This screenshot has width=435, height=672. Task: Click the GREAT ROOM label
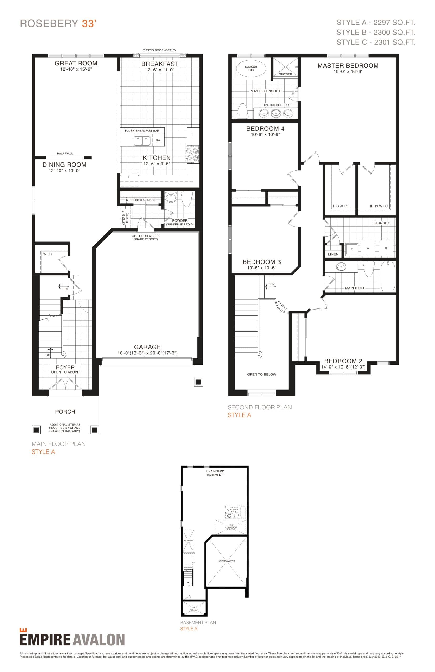coord(76,63)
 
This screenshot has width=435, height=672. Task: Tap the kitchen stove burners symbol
coord(192,155)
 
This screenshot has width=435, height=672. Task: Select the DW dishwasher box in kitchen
coord(158,140)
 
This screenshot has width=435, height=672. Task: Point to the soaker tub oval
coord(251,69)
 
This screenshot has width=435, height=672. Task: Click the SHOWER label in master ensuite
coord(285,74)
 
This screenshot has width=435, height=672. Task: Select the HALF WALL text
coord(65,154)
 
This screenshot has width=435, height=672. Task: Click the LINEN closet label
coord(333,254)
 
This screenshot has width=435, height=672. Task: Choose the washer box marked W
coord(368,248)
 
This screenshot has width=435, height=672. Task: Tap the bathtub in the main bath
coord(387,276)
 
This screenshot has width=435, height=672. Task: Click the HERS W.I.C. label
coord(378,206)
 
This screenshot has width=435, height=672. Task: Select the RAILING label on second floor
coord(282,305)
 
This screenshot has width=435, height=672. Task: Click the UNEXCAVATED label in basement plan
coord(226,561)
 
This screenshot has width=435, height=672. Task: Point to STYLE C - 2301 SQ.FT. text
coord(376,42)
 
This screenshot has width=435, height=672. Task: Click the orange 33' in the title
coord(89,24)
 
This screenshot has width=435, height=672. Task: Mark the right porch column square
coord(95,430)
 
